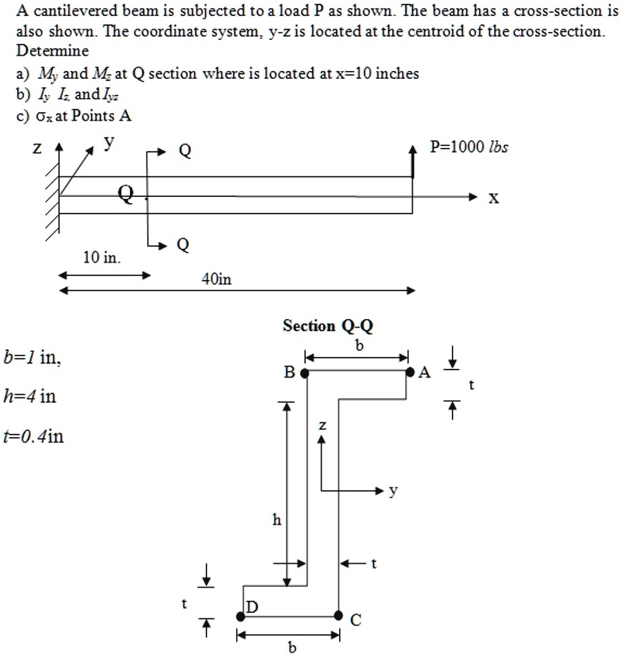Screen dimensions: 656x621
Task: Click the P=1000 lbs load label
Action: [468, 147]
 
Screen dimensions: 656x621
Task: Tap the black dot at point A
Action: [411, 373]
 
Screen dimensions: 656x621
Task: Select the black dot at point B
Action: [305, 373]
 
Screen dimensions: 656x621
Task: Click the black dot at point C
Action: [338, 616]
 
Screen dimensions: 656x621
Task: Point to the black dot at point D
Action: [241, 616]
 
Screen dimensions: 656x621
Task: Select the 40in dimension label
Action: [216, 280]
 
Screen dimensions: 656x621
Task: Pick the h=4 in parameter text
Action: [30, 397]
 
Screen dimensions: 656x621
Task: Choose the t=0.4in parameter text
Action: [34, 436]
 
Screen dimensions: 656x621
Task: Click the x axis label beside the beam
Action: [494, 198]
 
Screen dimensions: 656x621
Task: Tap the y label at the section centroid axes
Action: [393, 491]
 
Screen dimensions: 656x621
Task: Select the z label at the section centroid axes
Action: [322, 426]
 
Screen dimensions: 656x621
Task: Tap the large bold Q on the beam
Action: [126, 194]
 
